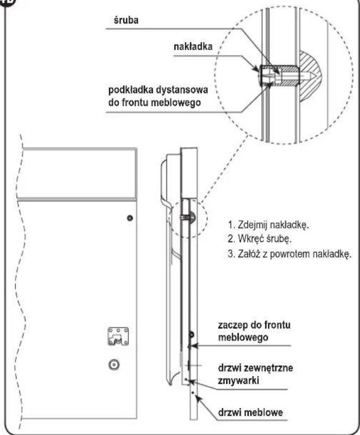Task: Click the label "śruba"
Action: click(x=126, y=21)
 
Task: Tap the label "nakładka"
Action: click(x=193, y=47)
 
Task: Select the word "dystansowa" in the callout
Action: click(x=182, y=91)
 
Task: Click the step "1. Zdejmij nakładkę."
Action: click(x=268, y=225)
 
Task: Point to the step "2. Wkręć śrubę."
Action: click(x=259, y=239)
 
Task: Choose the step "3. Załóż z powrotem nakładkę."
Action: click(x=290, y=254)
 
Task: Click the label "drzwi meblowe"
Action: click(x=250, y=412)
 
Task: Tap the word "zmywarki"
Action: click(x=239, y=380)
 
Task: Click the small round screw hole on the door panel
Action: click(x=129, y=218)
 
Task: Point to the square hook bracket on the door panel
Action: click(x=118, y=336)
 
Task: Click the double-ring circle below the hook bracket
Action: click(x=114, y=365)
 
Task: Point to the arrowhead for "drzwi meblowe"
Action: click(x=197, y=397)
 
